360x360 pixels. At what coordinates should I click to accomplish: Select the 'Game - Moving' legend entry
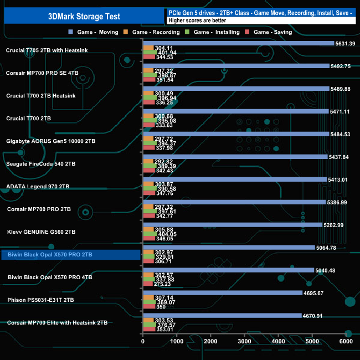coord(97,32)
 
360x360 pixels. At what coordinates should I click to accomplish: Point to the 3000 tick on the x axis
coord(245,342)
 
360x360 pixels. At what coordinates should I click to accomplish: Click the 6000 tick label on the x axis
coord(346,342)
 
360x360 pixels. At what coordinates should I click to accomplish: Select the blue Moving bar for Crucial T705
coord(238,43)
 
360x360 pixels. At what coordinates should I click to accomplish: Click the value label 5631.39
coord(346,43)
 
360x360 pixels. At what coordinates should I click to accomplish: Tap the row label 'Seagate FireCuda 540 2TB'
coord(40,164)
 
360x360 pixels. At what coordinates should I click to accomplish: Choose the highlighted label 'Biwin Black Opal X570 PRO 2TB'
coord(49,255)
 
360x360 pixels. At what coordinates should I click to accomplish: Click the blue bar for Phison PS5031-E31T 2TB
coord(222,293)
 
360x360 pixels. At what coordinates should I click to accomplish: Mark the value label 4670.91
coord(313,316)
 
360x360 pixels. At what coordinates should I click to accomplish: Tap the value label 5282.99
coord(334,225)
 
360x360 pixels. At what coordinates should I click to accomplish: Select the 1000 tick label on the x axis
coord(177,342)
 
